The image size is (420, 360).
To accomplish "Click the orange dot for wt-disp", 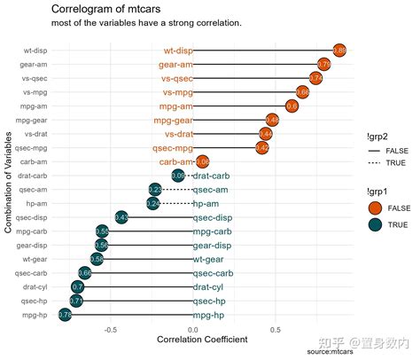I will (338, 51).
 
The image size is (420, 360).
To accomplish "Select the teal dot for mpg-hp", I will (65, 315).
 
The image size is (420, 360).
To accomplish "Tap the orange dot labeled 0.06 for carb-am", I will (202, 161).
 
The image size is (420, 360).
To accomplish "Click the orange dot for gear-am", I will (324, 65).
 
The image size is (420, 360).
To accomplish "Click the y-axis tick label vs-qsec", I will (35, 79).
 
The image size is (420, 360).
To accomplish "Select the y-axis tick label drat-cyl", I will (35, 287).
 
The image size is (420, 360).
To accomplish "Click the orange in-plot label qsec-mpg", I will (172, 148).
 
